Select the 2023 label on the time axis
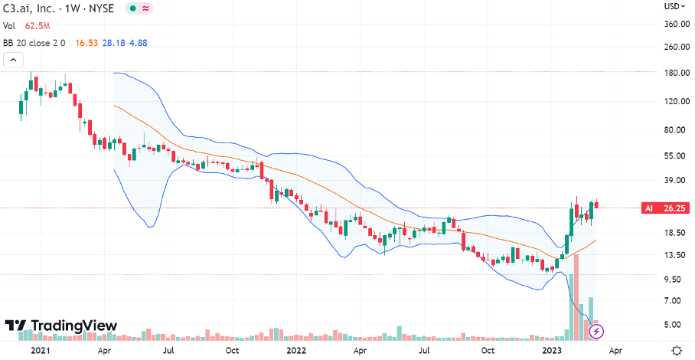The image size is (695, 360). point(553,351)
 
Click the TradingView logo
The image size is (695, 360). point(61,326)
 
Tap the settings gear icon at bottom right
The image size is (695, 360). point(676,350)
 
